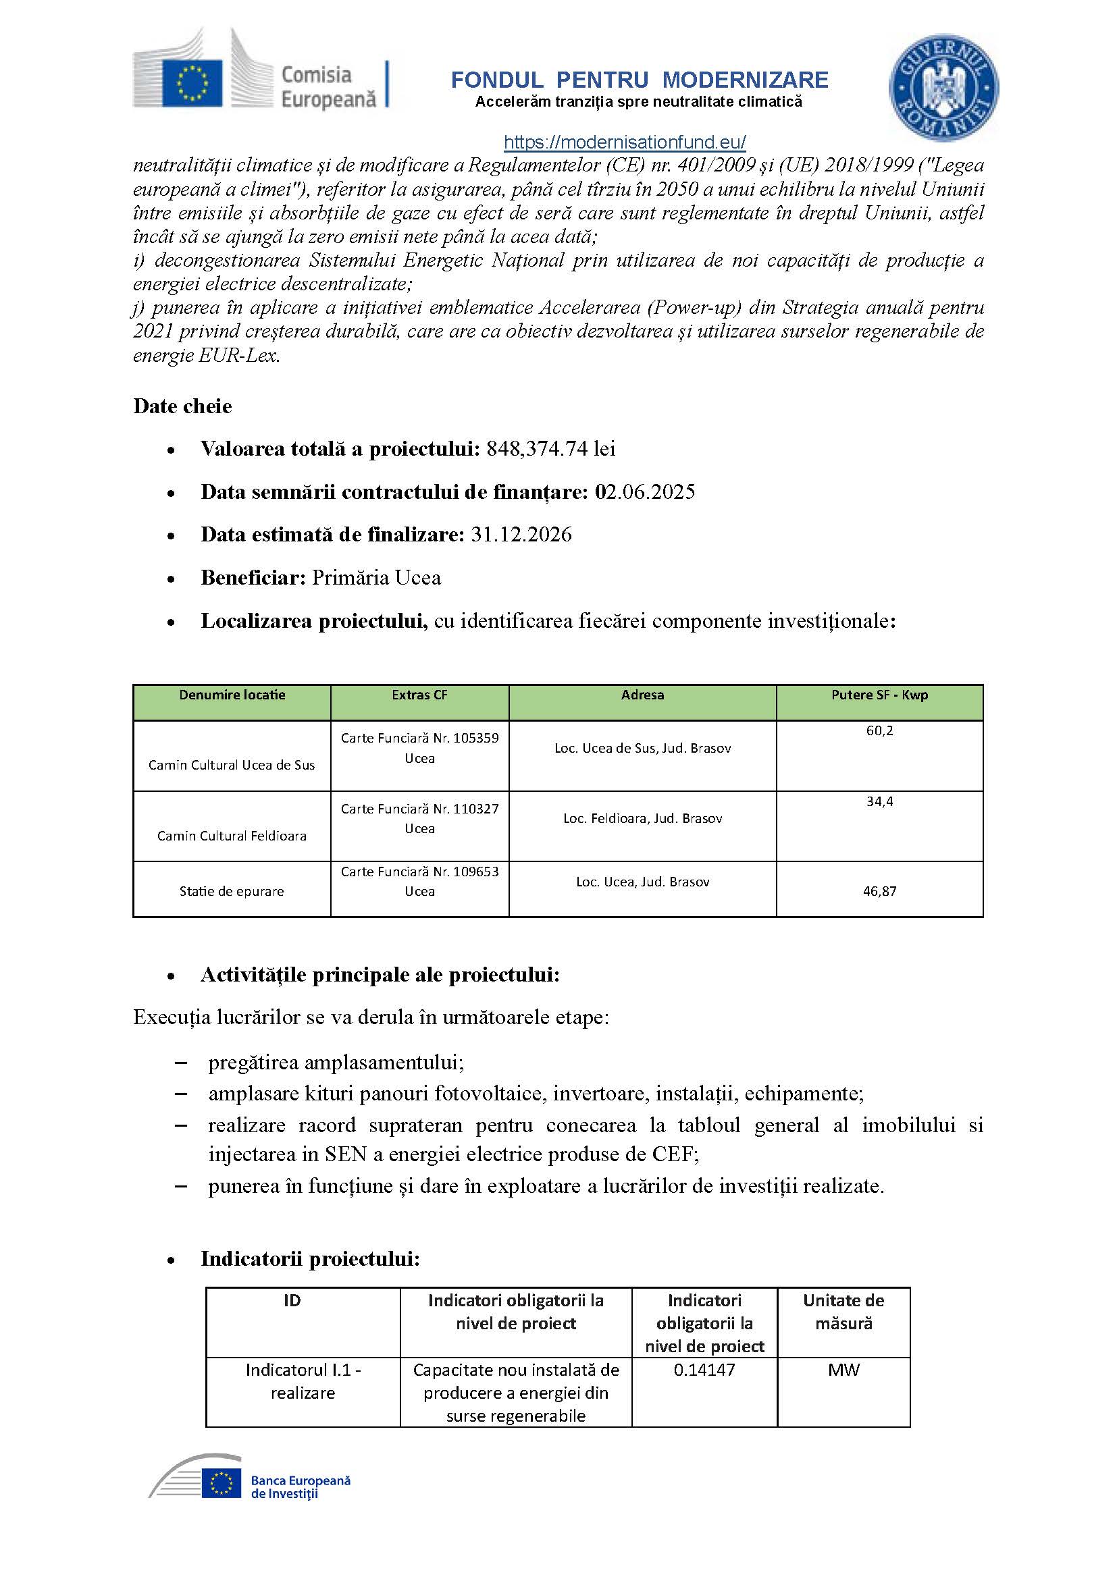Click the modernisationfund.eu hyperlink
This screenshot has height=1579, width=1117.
click(625, 142)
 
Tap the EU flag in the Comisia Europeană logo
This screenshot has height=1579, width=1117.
click(192, 83)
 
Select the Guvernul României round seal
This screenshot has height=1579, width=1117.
click(943, 88)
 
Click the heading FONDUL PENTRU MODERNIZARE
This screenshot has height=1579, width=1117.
click(639, 80)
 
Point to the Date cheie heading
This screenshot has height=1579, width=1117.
click(182, 406)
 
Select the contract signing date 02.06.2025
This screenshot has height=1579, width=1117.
click(644, 491)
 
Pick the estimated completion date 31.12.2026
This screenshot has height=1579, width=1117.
click(521, 535)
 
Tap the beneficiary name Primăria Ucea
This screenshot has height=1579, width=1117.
click(376, 578)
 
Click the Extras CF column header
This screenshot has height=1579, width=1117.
click(419, 695)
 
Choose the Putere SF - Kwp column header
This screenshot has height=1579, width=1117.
click(879, 695)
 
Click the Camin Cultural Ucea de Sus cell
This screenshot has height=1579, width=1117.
click(232, 765)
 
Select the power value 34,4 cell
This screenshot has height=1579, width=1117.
click(879, 801)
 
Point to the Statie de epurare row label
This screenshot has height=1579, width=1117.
click(232, 891)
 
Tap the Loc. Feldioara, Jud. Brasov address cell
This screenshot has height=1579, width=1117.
click(642, 818)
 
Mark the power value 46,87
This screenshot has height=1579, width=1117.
click(879, 891)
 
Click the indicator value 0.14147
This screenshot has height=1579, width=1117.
click(704, 1370)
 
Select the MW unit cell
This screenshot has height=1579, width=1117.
click(843, 1370)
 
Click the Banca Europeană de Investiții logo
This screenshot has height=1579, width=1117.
click(251, 1477)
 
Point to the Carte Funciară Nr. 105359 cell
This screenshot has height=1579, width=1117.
click(419, 747)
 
